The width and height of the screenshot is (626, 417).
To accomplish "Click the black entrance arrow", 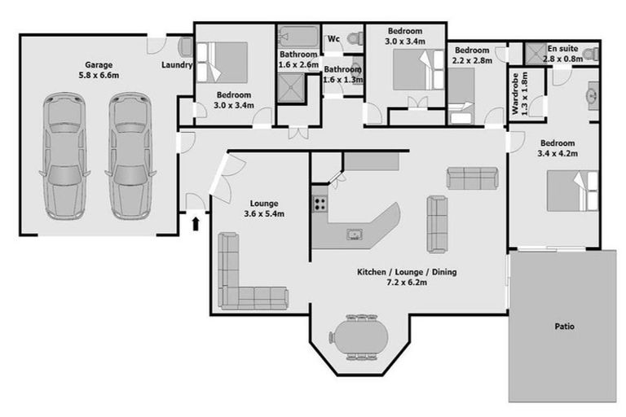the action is click(196, 224).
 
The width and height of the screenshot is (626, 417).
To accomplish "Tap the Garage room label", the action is click(99, 64).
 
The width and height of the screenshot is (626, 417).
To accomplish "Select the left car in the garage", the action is click(64, 156).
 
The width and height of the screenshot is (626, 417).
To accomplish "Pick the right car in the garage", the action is click(130, 156).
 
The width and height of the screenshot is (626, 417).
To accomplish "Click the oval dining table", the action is click(359, 337).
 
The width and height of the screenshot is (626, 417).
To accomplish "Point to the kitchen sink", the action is click(354, 235).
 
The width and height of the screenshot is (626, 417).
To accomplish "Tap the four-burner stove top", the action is click(320, 204).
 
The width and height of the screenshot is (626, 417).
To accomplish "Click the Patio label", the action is click(565, 327).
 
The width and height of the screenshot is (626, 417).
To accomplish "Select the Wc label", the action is click(333, 39).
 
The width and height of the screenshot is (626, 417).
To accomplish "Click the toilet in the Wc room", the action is click(355, 39).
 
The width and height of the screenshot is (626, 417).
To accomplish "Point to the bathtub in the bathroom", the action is click(298, 37).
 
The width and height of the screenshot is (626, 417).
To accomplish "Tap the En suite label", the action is click(562, 49).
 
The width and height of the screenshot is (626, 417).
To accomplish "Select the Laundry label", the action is click(177, 64).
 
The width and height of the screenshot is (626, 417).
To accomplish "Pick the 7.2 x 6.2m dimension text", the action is click(407, 283).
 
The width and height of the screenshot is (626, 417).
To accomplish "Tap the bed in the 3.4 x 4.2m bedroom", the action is click(572, 191).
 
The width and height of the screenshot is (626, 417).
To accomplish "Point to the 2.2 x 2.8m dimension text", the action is click(472, 60).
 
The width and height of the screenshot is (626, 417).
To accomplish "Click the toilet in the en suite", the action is click(591, 54).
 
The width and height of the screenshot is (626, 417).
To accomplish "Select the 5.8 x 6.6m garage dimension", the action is click(99, 75).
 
